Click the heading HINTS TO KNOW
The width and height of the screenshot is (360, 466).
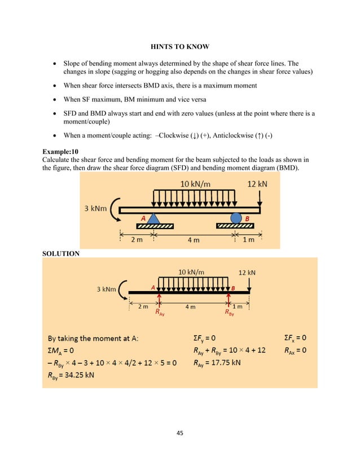pyautogui.click(x=179, y=44)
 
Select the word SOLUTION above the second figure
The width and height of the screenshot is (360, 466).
pyautogui.click(x=61, y=254)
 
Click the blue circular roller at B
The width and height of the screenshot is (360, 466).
pyautogui.click(x=235, y=217)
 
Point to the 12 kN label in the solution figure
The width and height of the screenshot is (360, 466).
pyautogui.click(x=247, y=272)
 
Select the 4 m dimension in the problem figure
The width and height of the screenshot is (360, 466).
pyautogui.click(x=193, y=240)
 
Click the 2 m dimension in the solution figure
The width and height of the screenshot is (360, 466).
pyautogui.click(x=144, y=307)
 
